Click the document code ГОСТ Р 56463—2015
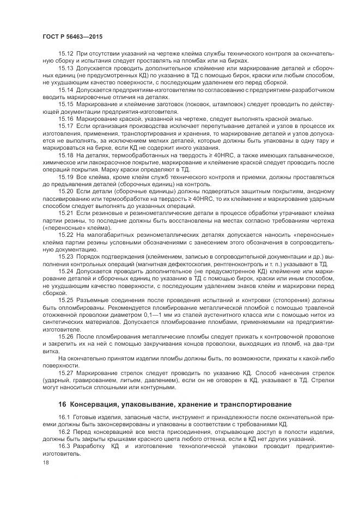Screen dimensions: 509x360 click(72, 36)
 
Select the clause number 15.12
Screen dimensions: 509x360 click(66, 53)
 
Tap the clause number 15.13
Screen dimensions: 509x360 click(66, 68)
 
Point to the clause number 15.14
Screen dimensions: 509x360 click(66, 89)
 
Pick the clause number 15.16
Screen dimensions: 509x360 click(66, 118)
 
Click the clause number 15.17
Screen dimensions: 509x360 click(66, 126)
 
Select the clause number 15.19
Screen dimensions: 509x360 click(66, 176)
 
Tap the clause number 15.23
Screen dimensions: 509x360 click(66, 256)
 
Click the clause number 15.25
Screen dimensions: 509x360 click(66, 300)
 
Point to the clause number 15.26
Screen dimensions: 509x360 click(66, 336)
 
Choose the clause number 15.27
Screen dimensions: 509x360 click(66, 373)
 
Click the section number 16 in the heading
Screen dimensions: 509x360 click(62, 404)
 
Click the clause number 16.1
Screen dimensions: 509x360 click(64, 416)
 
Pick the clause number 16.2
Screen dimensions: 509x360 click(64, 431)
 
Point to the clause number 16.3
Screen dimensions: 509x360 click(64, 446)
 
